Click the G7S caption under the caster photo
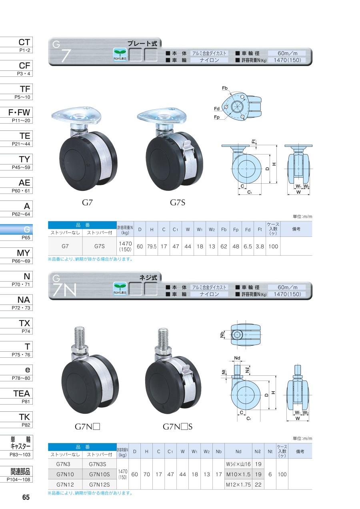(x=178, y=202)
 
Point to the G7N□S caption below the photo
(x=178, y=427)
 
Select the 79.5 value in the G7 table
(x=152, y=246)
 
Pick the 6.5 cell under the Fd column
(x=248, y=246)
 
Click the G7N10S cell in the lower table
(x=100, y=474)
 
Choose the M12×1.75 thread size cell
(x=238, y=485)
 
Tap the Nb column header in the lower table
(x=218, y=451)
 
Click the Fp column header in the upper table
(x=236, y=230)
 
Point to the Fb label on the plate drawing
(x=225, y=88)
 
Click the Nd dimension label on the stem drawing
(x=237, y=358)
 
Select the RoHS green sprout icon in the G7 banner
(x=120, y=55)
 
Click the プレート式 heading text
(x=142, y=44)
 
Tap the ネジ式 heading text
(x=148, y=278)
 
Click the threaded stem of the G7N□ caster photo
(x=79, y=335)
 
